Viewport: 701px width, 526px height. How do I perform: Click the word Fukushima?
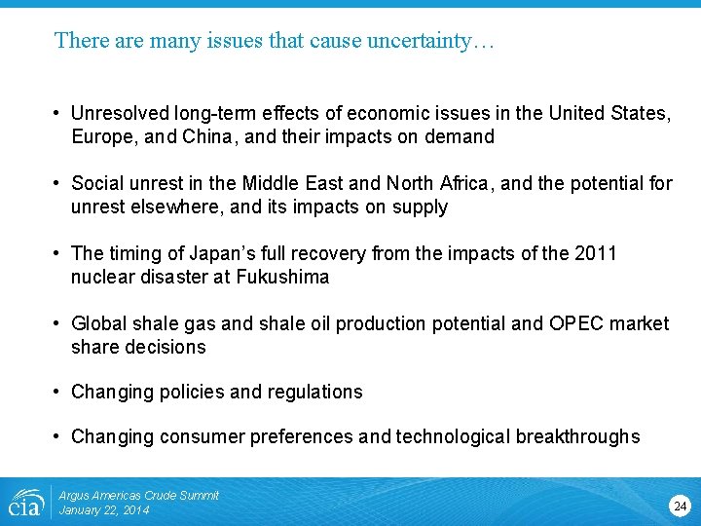tap(282, 277)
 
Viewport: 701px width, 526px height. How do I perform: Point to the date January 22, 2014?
tap(104, 510)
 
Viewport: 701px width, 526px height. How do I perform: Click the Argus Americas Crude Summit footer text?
tap(138, 496)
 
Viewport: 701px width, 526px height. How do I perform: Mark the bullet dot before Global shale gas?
tap(59, 323)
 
